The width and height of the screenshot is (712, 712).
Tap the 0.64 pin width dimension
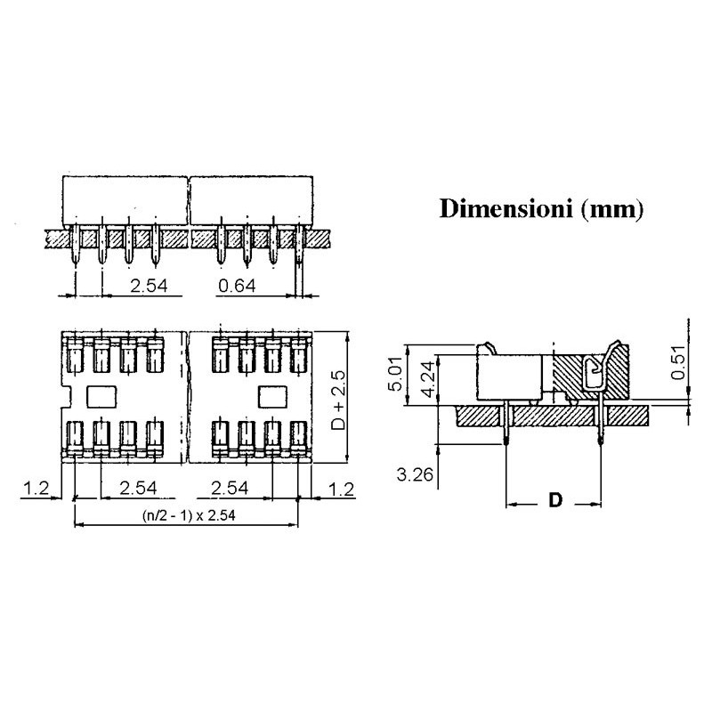(237, 286)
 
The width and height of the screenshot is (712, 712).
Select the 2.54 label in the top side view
(149, 286)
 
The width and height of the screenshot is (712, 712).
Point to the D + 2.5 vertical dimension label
(338, 400)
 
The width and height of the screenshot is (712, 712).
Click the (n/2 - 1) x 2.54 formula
(189, 515)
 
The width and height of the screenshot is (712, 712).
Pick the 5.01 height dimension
(396, 374)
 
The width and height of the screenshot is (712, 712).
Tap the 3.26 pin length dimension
(415, 475)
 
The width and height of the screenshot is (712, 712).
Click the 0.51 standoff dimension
(678, 362)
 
